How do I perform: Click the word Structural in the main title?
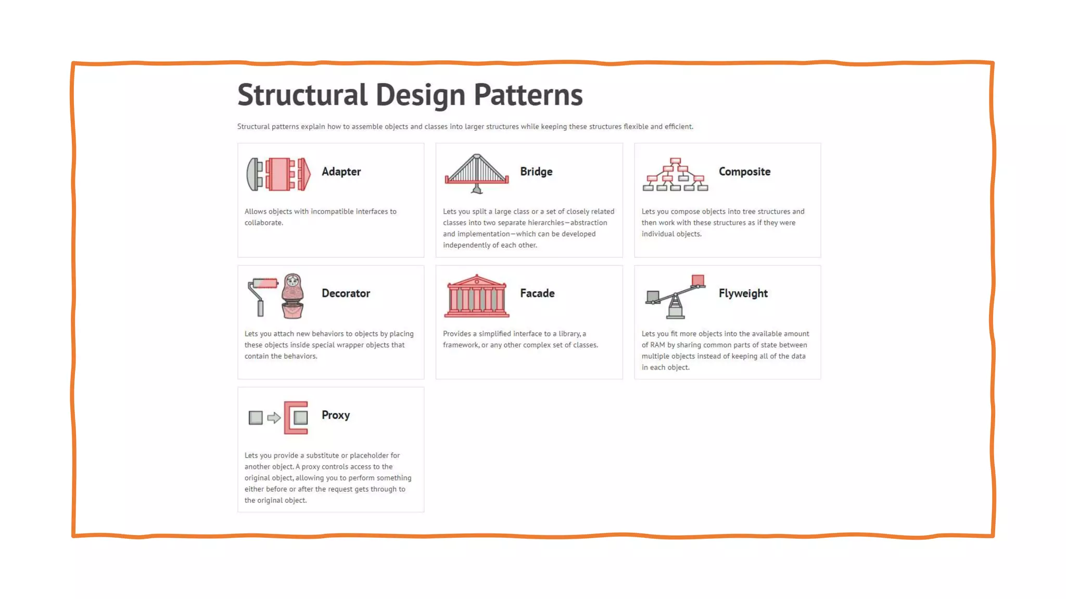302,95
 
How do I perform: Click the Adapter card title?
341,172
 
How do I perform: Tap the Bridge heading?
536,172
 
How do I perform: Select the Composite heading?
744,172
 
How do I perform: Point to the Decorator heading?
346,293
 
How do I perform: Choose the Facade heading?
537,293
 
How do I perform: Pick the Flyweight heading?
743,293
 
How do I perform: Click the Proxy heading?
336,415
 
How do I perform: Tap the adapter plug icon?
278,174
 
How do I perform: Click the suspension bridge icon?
476,173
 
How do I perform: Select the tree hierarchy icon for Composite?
675,175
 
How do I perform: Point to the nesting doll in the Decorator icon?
293,296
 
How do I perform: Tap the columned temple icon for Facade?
476,296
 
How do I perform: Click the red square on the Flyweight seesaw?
698,281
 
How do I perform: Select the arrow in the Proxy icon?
274,418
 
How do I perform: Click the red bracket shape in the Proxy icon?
289,418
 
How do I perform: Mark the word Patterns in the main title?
528,95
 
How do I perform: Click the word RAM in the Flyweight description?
657,345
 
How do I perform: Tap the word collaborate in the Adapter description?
263,223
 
